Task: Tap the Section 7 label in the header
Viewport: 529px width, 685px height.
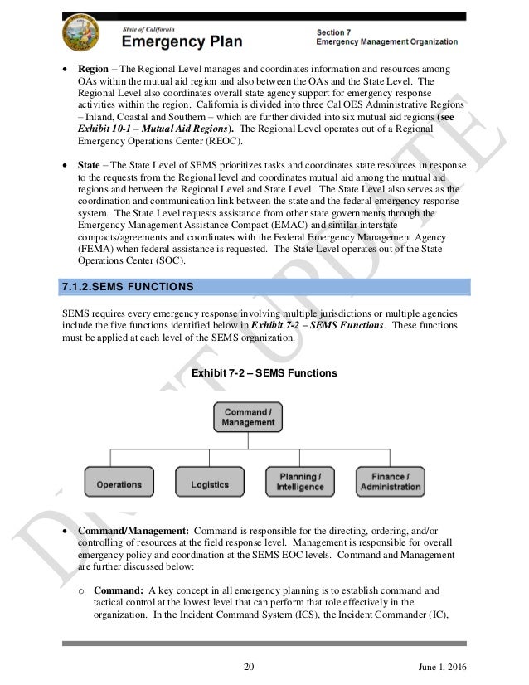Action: point(337,32)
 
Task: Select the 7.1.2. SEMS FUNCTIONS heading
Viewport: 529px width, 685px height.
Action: point(129,287)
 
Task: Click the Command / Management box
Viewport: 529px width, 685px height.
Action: point(248,417)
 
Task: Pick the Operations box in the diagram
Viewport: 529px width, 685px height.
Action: point(119,483)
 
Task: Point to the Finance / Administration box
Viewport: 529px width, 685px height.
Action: point(390,482)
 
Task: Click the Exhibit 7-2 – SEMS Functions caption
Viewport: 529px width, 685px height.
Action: point(264,374)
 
